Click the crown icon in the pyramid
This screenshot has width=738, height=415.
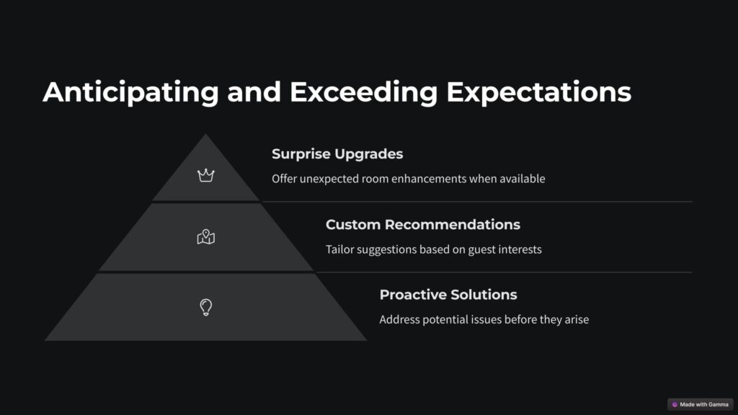pos(205,176)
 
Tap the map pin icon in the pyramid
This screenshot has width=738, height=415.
pos(205,236)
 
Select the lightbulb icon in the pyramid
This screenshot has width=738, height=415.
pos(205,307)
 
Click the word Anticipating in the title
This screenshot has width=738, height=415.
pos(131,92)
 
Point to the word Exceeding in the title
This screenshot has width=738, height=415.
pos(364,92)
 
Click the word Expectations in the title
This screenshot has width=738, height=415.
pos(539,92)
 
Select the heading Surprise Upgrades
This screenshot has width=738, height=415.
pos(337,154)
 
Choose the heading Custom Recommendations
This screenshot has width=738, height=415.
pos(423,225)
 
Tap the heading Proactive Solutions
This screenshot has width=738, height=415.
pos(448,295)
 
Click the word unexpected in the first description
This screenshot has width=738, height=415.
pos(329,179)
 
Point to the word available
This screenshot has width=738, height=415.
pos(523,179)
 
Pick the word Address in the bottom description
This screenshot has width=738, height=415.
pos(399,319)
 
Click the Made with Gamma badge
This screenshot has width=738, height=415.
pos(701,405)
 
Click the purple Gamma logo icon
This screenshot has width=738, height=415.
pos(675,405)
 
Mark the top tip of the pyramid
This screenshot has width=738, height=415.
pos(205,134)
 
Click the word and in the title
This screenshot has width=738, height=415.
pos(254,92)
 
